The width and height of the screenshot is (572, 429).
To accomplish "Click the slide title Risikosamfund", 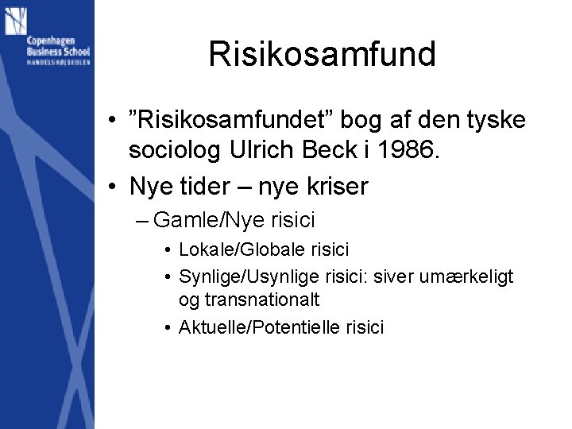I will (x=322, y=55).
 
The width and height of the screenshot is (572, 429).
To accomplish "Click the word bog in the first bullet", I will (x=362, y=121).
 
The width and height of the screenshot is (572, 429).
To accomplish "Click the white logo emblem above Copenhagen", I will (x=16, y=21).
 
